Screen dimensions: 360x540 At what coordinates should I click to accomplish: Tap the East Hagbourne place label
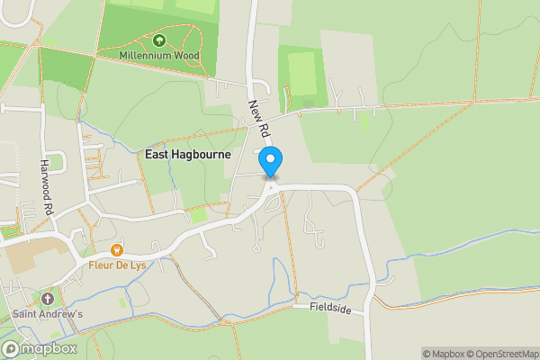188,155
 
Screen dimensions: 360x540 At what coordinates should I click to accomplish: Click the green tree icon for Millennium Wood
159,40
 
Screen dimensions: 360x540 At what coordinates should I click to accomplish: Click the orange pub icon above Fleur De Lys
116,249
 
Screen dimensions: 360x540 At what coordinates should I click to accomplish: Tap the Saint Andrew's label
48,314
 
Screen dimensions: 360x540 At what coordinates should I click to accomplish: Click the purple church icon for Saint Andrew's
48,298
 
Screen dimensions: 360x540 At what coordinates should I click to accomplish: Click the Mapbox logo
39,348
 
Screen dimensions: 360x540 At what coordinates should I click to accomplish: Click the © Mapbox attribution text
443,354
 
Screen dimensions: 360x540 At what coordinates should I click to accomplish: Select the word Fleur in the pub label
101,265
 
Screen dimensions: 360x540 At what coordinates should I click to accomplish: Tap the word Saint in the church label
26,314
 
